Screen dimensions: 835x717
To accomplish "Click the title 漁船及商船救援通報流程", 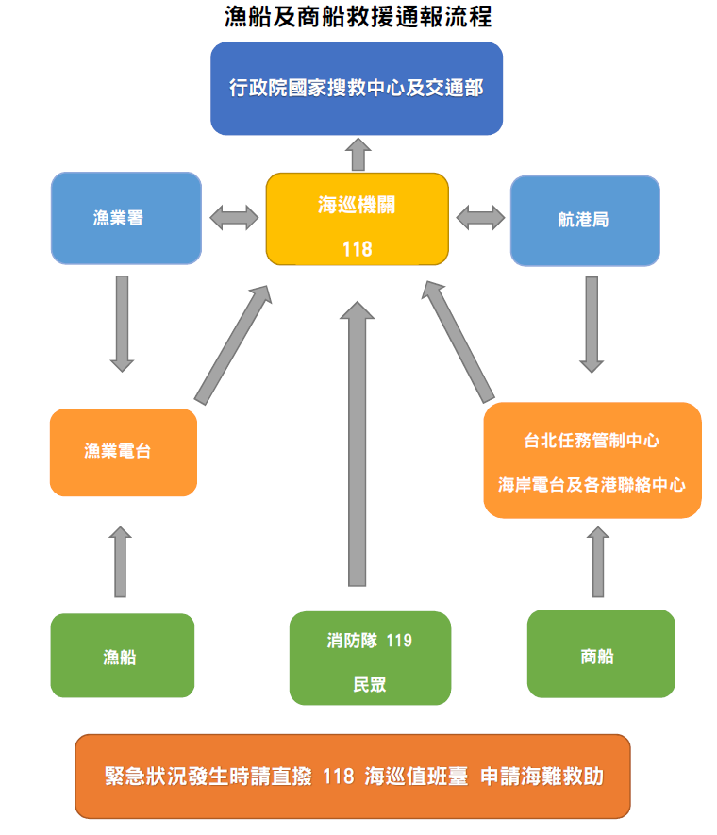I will coord(358,16).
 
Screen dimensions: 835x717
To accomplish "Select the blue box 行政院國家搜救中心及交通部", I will coord(357,88).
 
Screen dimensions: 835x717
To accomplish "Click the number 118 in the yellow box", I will coord(357,249).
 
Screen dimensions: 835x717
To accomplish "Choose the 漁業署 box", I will coord(125,218).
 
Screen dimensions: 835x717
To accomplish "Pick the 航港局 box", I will coord(584,220).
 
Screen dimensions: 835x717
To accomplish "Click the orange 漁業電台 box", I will coord(123,452).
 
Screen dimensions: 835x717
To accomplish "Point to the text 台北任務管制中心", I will coord(592,441).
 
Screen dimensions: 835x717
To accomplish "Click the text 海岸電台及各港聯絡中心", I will coord(592,485).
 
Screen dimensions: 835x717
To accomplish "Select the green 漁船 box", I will coord(122,656).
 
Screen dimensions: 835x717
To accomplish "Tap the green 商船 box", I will coord(600,654).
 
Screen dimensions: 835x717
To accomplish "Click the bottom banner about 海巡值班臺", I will coord(353,777).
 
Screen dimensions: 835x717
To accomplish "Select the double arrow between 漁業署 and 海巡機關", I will coord(234,218).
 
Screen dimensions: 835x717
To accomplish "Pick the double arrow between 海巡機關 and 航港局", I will coord(480,218).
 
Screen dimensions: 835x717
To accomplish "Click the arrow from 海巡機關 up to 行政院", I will coord(358,153).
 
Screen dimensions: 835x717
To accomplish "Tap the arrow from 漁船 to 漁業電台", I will coord(120,561).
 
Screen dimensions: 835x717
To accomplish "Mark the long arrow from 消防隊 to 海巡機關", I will coord(357,443).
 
